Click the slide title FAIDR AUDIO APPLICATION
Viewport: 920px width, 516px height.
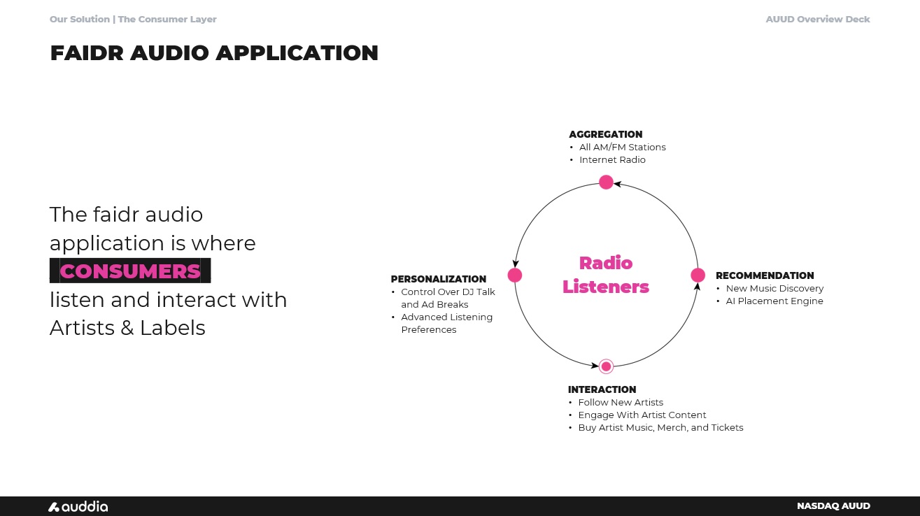[x=214, y=53]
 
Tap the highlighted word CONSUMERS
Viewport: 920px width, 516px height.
[x=130, y=271]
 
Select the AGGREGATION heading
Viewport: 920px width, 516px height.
[x=605, y=134]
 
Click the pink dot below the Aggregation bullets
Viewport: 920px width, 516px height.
[x=606, y=182]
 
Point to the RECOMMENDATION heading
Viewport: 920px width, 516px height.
[x=765, y=275]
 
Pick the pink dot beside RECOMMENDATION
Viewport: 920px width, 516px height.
[x=698, y=275]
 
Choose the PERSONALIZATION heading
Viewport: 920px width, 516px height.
[x=438, y=279]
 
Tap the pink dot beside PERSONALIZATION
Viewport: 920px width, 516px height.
[x=515, y=275]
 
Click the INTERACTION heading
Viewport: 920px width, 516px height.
[x=602, y=389]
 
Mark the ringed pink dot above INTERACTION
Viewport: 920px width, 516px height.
[x=606, y=366]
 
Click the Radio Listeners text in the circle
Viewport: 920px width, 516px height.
[x=606, y=275]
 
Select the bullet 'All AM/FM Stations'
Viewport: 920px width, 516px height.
[x=622, y=148]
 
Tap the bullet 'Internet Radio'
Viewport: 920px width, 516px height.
[x=612, y=160]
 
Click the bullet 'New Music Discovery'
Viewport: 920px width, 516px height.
[x=774, y=289]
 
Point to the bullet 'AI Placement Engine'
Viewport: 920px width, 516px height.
[x=774, y=301]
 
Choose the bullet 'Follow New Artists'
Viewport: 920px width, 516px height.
[x=620, y=403]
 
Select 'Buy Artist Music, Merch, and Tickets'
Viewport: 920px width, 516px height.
[x=660, y=428]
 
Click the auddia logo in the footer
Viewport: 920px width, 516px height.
[x=78, y=506]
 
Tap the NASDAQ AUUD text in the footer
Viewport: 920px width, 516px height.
[x=833, y=506]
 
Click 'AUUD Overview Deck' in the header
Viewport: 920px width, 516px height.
[x=817, y=20]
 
